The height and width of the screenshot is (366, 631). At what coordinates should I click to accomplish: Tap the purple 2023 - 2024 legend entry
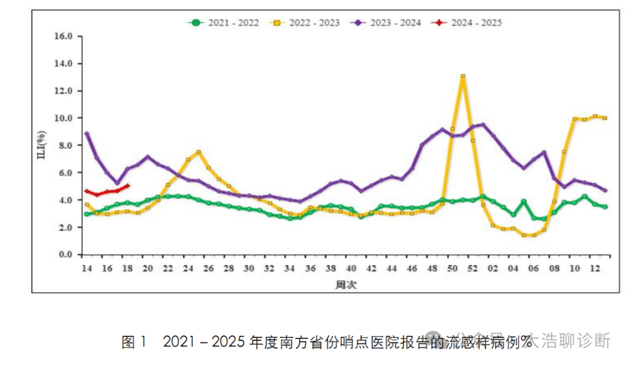(x=386, y=23)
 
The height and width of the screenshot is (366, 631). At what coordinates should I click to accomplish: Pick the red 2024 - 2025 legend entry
(x=467, y=23)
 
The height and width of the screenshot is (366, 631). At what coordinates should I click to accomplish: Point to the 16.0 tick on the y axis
(x=63, y=36)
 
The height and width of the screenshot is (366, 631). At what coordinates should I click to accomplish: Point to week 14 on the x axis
(x=86, y=268)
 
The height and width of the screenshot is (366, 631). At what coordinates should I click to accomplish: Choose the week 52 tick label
(x=473, y=268)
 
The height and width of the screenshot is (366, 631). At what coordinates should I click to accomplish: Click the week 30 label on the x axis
(x=249, y=268)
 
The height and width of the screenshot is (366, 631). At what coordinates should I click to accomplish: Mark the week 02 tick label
(x=493, y=268)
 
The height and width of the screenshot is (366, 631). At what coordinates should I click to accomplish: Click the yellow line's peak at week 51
(x=463, y=76)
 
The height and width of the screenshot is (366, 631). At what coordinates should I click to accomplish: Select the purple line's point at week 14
(x=86, y=133)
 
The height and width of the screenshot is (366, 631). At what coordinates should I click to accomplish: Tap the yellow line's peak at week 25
(x=199, y=152)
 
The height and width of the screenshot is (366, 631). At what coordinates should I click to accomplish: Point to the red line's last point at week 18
(x=127, y=186)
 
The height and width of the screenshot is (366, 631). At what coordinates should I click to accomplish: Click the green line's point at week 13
(x=605, y=206)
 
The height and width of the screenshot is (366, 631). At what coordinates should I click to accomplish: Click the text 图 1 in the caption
(x=136, y=341)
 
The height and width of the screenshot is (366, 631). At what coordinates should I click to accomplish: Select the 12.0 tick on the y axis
(x=63, y=91)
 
